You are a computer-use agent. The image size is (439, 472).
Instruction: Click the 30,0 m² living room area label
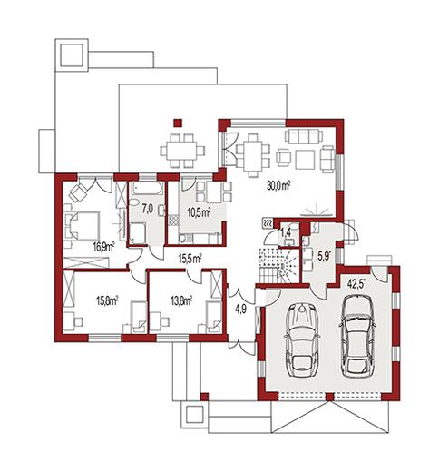(278, 185)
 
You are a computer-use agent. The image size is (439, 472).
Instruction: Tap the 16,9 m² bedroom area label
(103, 247)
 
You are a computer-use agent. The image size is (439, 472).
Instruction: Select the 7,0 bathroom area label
(147, 209)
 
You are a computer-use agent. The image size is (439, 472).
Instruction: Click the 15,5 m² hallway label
(190, 259)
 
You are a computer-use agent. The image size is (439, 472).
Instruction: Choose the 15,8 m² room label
(107, 300)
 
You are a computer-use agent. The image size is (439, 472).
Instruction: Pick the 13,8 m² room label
(181, 300)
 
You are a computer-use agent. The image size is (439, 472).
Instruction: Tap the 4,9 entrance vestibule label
(241, 309)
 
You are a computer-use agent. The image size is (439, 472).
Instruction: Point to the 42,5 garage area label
(356, 284)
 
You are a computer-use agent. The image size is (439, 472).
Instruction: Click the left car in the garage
(301, 339)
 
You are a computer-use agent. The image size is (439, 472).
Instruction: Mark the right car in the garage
(357, 335)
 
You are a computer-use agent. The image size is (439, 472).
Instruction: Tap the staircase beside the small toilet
(278, 266)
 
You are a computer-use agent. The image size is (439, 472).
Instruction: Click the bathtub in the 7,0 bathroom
(148, 189)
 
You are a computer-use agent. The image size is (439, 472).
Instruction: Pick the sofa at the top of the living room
(304, 136)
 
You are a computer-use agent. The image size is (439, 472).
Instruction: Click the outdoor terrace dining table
(182, 151)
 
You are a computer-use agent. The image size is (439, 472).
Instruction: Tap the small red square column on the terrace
(178, 123)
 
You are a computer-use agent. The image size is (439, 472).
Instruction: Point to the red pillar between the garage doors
(330, 396)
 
